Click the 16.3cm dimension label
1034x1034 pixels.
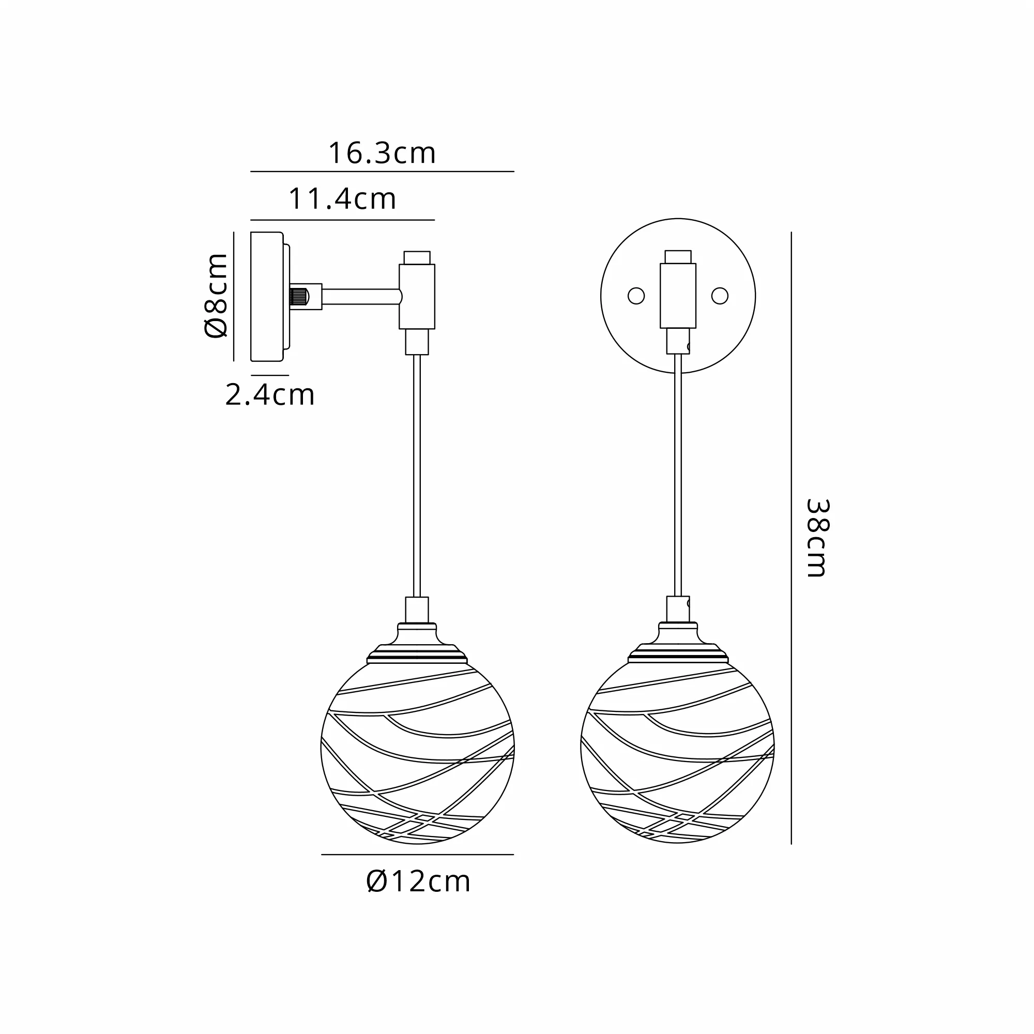click(382, 154)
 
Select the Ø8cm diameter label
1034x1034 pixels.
click(217, 295)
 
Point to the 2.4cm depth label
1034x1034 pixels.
click(270, 395)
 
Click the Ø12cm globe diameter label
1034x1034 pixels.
click(418, 881)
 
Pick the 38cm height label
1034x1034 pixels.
click(817, 538)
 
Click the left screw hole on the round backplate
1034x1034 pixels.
click(636, 296)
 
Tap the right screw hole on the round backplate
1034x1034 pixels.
click(720, 296)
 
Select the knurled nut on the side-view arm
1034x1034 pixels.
click(299, 296)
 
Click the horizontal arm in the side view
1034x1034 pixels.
click(362, 296)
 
